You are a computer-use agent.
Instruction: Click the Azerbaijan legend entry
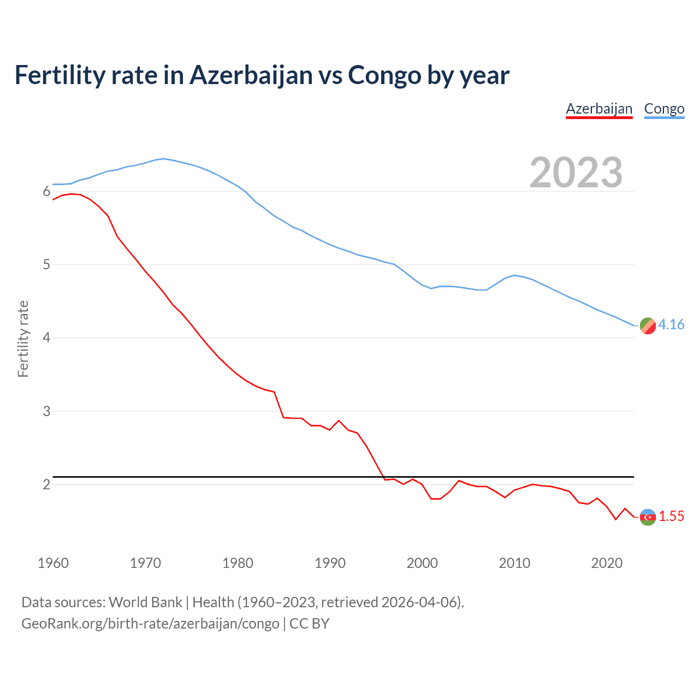tap(599, 109)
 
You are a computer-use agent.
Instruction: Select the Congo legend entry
tap(664, 109)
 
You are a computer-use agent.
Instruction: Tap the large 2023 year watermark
tap(576, 173)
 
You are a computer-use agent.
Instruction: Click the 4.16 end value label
tap(671, 324)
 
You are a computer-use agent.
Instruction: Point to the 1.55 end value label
tap(671, 516)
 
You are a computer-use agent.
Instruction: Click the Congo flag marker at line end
tap(648, 325)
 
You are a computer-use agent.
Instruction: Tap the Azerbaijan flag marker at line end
tap(648, 517)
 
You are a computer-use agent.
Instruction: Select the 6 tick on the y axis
tap(46, 192)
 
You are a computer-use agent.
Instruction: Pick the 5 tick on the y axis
tap(46, 265)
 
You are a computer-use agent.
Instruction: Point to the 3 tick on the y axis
tap(46, 411)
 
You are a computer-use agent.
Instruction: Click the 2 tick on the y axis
tap(46, 484)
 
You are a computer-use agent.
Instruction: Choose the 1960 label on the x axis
tap(53, 563)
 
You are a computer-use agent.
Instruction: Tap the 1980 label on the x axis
tap(238, 563)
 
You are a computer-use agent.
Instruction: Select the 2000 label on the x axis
tap(422, 563)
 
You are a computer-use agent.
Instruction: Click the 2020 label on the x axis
tap(607, 563)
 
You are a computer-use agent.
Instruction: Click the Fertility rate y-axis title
tap(23, 339)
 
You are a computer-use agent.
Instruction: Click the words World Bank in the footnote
tap(145, 602)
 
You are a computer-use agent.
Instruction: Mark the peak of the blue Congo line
tap(163, 158)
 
